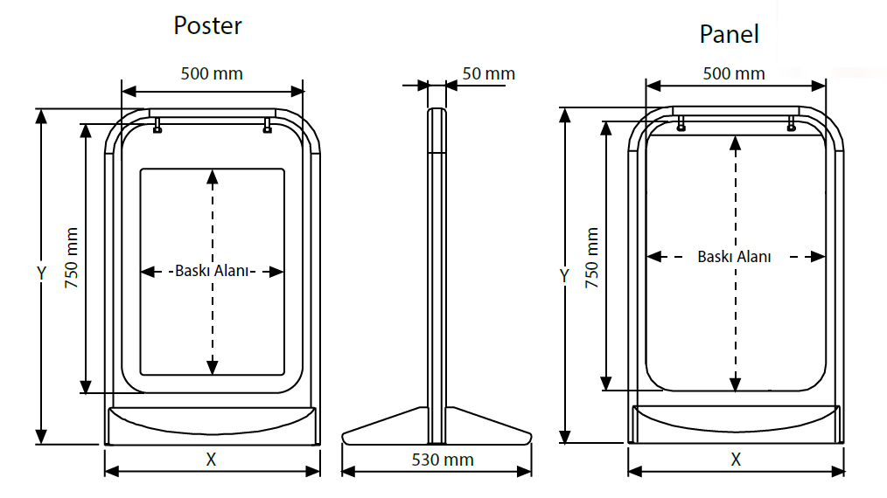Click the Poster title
point(207,25)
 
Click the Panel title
point(729,34)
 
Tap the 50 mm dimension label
point(488,73)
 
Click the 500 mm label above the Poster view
point(212,73)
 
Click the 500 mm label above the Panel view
point(734,73)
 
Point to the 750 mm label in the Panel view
point(592,259)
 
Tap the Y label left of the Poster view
point(41,273)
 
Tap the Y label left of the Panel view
point(564,276)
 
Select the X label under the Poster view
point(211,460)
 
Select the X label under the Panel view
point(736,459)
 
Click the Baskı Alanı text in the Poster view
point(213,271)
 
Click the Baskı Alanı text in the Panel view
point(734,257)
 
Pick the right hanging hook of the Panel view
point(791,123)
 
